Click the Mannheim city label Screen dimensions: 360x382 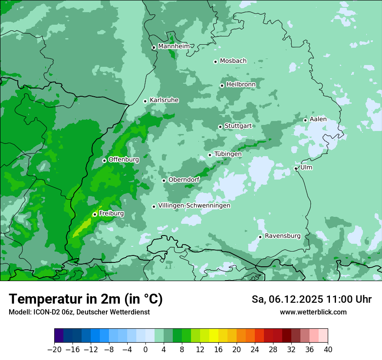coord(174,46)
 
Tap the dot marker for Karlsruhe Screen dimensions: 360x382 coord(145,101)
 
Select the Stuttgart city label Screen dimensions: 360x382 coord(238,126)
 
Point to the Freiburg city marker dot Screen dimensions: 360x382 coord(95,214)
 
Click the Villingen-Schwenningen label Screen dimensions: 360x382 coord(194,206)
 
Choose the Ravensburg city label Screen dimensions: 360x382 coord(283,236)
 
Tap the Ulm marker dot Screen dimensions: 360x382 coord(296,168)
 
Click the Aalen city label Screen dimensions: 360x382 coord(318,119)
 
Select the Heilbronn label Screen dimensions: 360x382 coord(241,85)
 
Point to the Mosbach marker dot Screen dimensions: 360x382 coord(215,62)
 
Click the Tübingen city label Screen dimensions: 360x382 coord(228,154)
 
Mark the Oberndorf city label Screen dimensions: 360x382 coord(184,180)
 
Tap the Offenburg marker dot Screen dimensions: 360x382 coord(104,160)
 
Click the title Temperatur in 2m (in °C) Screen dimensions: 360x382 coord(86,299)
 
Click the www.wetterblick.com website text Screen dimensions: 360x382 coord(313,312)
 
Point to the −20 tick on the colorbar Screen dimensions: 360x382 coord(54,349)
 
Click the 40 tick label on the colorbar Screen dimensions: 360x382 coord(328,349)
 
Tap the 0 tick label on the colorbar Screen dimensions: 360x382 coord(145,349)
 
